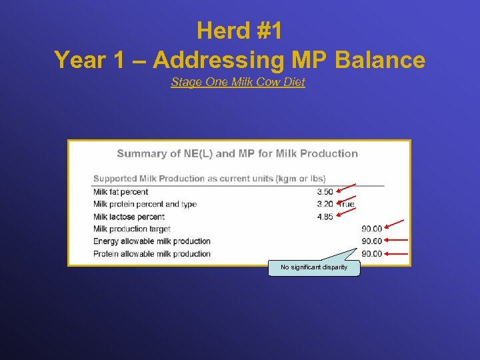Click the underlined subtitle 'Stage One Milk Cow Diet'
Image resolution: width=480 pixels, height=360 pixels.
(238, 82)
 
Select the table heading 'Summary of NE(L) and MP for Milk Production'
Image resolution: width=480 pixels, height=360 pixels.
(237, 153)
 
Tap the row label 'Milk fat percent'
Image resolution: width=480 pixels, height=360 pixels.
(121, 192)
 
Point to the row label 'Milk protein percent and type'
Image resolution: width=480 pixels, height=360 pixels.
(145, 204)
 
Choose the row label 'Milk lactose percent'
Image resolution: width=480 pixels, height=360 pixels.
(129, 217)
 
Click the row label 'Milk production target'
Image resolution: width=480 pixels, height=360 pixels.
(132, 229)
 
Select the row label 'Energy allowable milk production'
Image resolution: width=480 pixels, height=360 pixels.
(152, 241)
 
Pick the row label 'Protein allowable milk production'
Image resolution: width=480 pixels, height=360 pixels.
(152, 253)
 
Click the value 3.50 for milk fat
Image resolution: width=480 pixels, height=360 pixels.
(325, 192)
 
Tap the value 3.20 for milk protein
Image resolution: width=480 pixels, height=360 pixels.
(325, 204)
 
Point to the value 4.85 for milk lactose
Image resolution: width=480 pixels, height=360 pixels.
(325, 217)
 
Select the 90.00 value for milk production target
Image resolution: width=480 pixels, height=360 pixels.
(371, 229)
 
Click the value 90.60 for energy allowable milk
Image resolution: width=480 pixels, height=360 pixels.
(371, 241)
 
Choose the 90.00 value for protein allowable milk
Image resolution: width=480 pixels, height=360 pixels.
(371, 253)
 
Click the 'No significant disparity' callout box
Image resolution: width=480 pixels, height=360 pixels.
(314, 267)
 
